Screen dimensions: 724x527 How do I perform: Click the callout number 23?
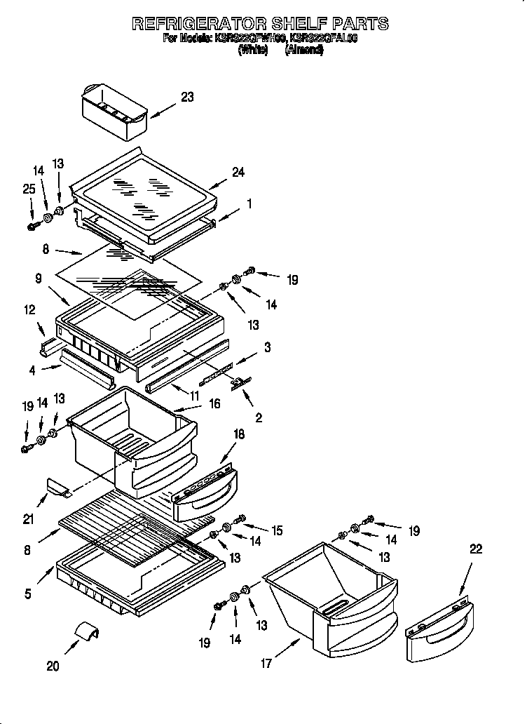[187, 98]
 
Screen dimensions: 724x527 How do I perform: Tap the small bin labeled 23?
[114, 111]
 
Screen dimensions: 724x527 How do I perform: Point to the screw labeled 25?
[32, 226]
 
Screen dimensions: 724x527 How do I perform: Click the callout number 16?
[214, 403]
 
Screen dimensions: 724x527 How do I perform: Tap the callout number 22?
[476, 549]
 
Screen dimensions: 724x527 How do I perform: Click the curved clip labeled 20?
[87, 629]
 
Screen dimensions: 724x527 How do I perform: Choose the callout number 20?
[53, 666]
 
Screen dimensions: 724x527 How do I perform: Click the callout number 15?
[277, 530]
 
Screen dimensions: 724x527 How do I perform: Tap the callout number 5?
[28, 594]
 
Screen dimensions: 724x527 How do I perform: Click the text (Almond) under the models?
[304, 51]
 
